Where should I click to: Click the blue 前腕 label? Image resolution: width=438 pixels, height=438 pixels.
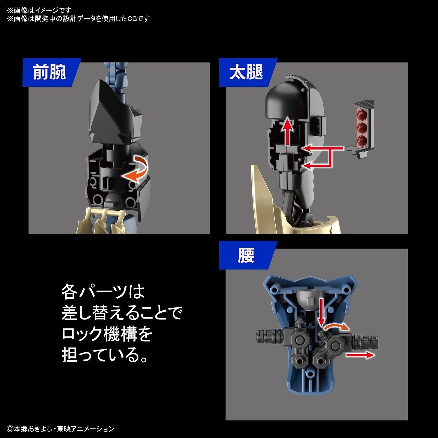pyautogui.click(x=50, y=72)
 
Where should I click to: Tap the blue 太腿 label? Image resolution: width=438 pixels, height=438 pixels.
pyautogui.click(x=246, y=72)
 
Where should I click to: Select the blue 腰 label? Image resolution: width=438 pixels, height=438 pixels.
pyautogui.click(x=246, y=255)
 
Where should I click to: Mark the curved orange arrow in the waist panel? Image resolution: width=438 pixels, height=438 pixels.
pyautogui.click(x=336, y=327)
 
